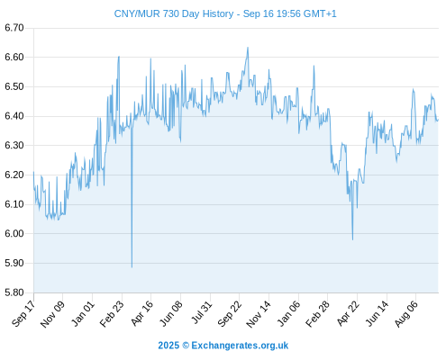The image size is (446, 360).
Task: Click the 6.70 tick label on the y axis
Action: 14,28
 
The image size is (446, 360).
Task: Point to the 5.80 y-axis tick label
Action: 14,292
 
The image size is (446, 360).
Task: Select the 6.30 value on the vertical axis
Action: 14,146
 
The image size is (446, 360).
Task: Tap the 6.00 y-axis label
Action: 14,234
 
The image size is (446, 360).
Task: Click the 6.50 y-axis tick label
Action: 14,86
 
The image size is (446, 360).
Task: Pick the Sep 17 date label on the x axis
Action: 23,313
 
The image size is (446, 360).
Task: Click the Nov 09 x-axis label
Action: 52,314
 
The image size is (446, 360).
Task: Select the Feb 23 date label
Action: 112,314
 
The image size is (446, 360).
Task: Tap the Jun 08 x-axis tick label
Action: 170,313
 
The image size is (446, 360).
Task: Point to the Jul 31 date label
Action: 201,313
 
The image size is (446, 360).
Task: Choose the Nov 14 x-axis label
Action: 259,314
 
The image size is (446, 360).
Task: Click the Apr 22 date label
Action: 348,313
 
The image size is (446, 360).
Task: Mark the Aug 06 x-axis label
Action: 405,314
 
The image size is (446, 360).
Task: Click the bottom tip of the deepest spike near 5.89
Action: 132,267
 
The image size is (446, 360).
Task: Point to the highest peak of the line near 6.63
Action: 248,48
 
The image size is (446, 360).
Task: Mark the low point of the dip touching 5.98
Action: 352,240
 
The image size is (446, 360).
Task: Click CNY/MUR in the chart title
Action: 137,13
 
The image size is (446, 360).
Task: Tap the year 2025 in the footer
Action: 168,346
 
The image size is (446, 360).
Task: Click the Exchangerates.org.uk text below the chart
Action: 240,346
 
